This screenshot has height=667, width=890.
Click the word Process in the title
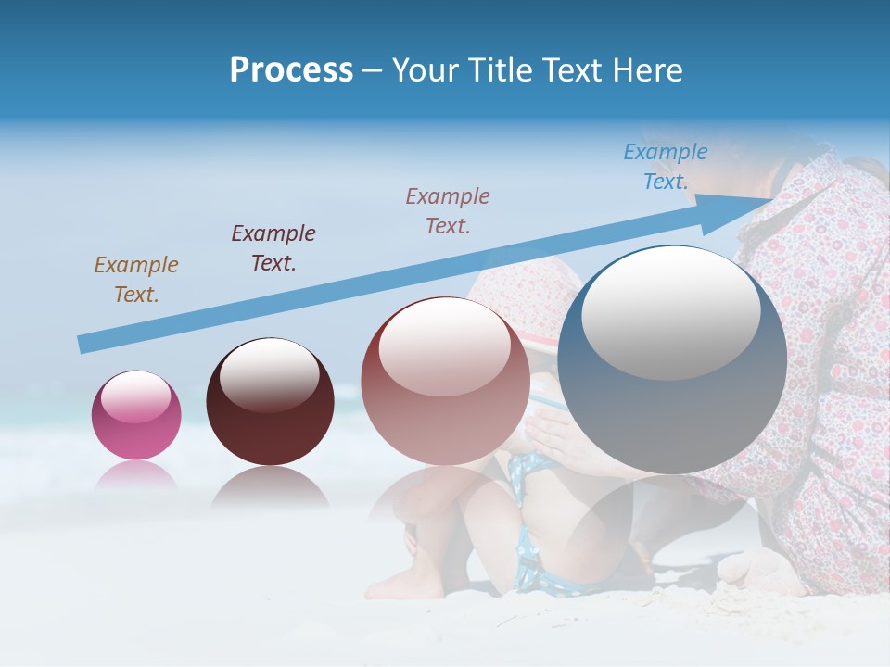[x=291, y=70]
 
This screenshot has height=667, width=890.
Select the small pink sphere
[x=136, y=415]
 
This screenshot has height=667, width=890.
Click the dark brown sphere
[x=270, y=402]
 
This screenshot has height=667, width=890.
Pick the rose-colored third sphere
[x=445, y=380]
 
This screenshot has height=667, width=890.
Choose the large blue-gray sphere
[x=672, y=359]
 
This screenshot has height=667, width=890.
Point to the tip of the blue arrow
[x=769, y=200]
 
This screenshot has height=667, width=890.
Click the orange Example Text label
[x=135, y=280]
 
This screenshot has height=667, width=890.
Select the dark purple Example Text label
[x=273, y=248]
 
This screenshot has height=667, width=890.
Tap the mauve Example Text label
[x=448, y=211]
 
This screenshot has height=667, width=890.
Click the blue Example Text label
[x=665, y=167]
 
